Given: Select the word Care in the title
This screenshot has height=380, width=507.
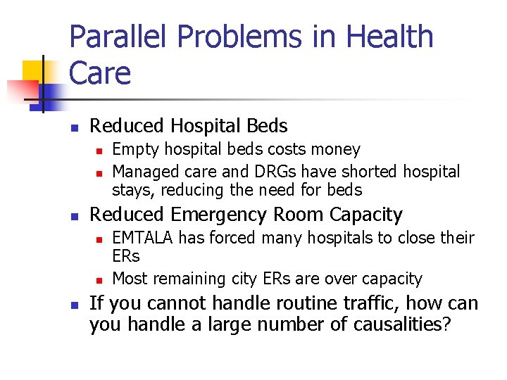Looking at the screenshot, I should [100, 72].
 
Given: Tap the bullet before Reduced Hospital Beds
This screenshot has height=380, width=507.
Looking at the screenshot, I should [74, 127].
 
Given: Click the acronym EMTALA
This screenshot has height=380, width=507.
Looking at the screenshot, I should [144, 238].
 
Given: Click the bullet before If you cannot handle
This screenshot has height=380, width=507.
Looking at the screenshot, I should [74, 305].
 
